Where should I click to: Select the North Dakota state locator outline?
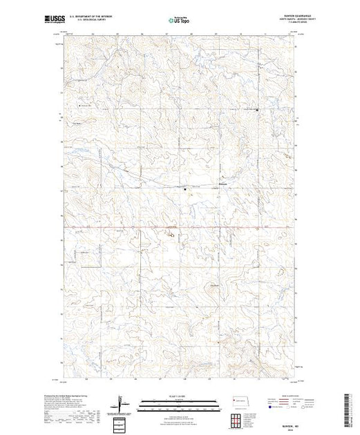tap(238, 400)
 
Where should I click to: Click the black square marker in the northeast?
tap(258, 109)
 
